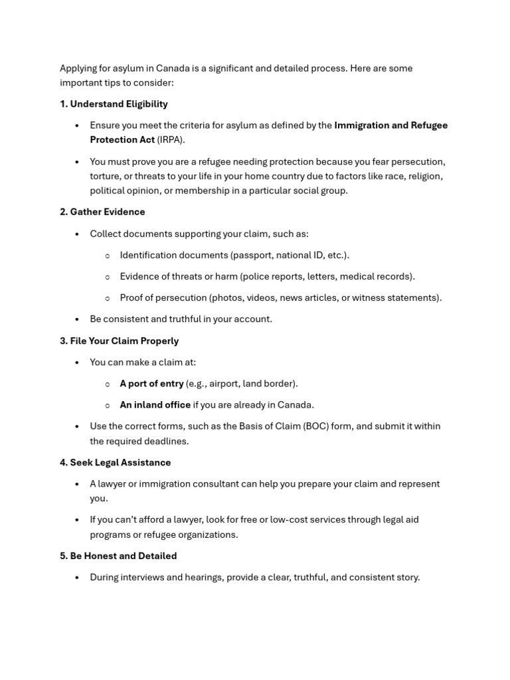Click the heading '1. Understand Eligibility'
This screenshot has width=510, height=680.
(114, 104)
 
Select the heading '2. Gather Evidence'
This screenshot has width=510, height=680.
(102, 212)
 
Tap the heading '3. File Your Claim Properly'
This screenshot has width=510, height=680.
(119, 341)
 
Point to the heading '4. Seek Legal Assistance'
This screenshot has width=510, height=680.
(115, 462)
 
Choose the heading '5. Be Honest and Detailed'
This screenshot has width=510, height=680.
(118, 556)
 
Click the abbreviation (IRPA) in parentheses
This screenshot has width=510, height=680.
(171, 139)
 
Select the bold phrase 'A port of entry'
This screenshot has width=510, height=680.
(151, 383)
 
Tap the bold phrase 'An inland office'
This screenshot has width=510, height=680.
(155, 404)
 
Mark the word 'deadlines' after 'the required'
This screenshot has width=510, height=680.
(167, 441)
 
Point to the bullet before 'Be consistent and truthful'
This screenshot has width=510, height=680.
(77, 319)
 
